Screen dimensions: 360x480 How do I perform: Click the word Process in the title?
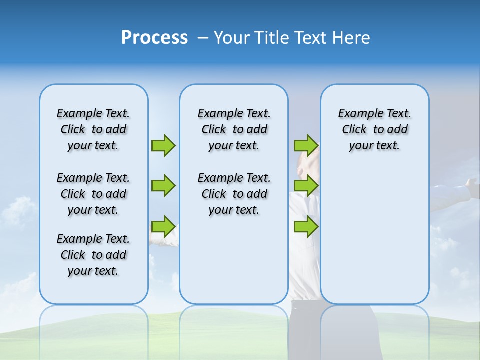pos(154,38)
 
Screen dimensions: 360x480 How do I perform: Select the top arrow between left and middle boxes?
pos(163,145)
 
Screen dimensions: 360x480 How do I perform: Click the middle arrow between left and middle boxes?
pos(163,186)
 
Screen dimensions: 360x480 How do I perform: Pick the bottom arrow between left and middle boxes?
pos(163,226)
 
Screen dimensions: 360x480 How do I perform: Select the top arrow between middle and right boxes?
pos(306,145)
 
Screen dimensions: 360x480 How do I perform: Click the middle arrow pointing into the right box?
pos(306,186)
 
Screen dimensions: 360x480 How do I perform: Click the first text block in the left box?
pos(93,129)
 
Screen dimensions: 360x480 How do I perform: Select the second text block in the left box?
pos(93,194)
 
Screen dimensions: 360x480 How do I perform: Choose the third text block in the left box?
pos(93,255)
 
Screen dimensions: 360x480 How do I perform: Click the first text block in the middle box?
pos(234,129)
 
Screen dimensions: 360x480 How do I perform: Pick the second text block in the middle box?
pos(234,194)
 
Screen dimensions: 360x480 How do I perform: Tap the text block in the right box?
pos(375,129)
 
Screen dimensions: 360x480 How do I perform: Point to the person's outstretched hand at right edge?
pos(471,184)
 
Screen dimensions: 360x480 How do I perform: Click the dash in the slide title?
pos(203,38)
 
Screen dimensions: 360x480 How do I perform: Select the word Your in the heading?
pos(232,38)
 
